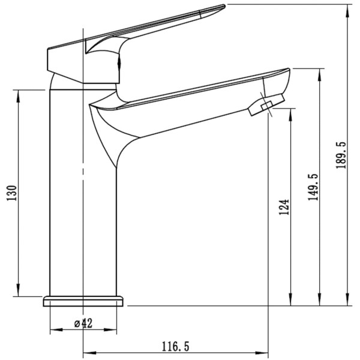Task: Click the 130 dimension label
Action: (x=12, y=193)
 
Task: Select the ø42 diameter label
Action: (x=83, y=323)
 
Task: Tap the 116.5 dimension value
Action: (x=176, y=346)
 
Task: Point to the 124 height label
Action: (x=284, y=207)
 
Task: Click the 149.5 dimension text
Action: (x=313, y=187)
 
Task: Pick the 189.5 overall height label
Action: (x=341, y=155)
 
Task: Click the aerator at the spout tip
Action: (x=266, y=105)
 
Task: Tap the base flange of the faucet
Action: (x=83, y=301)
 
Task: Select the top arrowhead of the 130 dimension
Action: (x=18, y=95)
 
